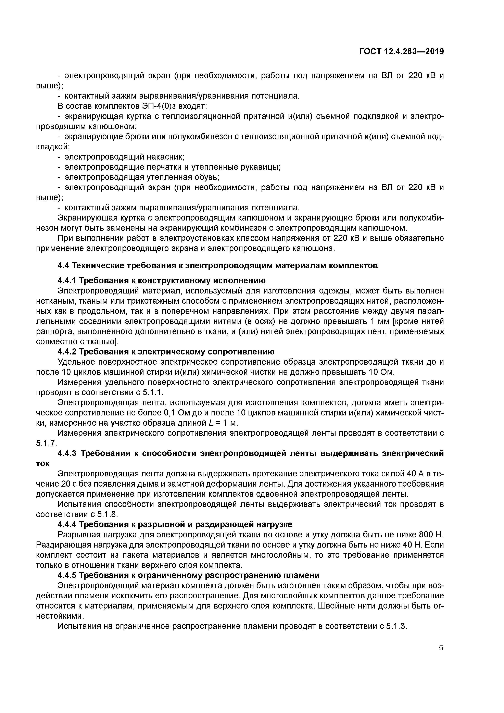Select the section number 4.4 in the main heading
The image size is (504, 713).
point(63,265)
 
